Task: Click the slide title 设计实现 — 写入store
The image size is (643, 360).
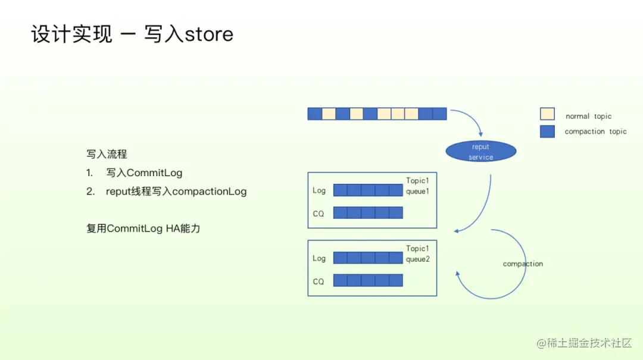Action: [x=132, y=34]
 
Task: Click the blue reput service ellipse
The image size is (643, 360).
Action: [x=480, y=152]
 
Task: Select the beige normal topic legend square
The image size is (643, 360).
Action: [x=547, y=114]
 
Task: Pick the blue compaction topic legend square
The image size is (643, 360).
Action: [x=547, y=132]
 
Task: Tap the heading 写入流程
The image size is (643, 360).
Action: [x=107, y=154]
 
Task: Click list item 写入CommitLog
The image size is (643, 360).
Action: [x=144, y=173]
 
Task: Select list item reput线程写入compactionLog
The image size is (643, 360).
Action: [x=176, y=192]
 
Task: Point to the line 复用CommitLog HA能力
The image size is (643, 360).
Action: [x=143, y=228]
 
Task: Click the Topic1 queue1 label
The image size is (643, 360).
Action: [x=417, y=186]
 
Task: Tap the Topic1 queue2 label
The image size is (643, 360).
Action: [x=417, y=253]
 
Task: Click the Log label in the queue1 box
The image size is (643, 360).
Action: [x=319, y=190]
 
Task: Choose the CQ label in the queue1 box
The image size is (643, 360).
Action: [x=319, y=213]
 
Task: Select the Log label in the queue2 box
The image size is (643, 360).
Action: [x=319, y=258]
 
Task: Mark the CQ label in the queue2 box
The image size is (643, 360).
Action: [x=319, y=281]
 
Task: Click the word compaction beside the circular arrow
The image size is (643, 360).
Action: [x=523, y=264]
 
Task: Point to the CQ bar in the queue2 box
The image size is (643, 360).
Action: [x=368, y=280]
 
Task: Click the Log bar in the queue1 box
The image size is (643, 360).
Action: [x=368, y=190]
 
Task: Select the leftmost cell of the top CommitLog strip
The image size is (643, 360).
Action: [x=314, y=114]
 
